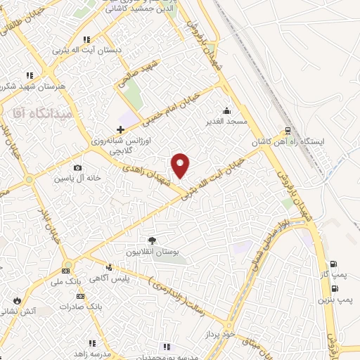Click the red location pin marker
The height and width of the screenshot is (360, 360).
pos(181,165)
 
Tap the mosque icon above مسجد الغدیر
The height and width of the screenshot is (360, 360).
pos(226,110)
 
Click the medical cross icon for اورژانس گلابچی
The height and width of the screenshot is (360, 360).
pos(120,129)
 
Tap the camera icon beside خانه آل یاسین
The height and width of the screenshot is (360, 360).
pos(77,168)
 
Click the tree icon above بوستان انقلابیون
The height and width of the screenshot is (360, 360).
pos(151,240)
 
